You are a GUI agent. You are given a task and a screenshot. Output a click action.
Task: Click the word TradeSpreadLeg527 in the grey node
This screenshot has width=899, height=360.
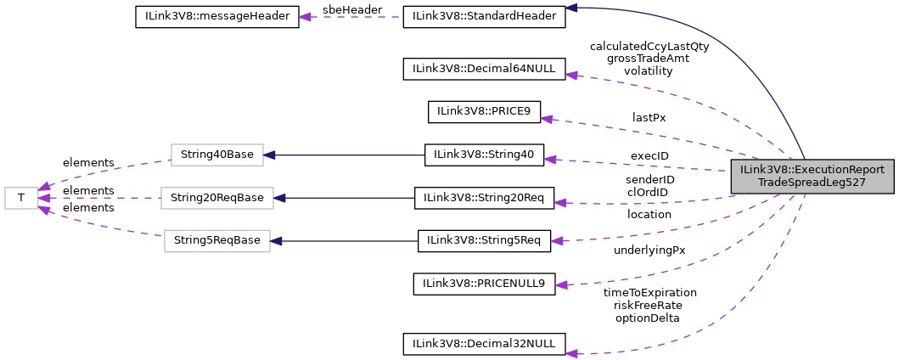point(812,183)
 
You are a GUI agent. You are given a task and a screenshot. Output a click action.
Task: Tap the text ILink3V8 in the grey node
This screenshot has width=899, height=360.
point(762,170)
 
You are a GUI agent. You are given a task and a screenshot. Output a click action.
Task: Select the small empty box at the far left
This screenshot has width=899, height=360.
point(21,198)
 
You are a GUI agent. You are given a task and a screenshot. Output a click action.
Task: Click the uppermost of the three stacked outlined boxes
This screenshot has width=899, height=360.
point(216,155)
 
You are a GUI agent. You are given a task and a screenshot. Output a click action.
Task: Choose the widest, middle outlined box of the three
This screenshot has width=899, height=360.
point(216,198)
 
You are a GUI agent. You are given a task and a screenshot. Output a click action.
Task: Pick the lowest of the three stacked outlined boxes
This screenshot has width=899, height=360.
point(216,240)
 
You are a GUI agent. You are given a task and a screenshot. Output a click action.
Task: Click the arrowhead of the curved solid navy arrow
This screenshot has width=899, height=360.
point(571,8)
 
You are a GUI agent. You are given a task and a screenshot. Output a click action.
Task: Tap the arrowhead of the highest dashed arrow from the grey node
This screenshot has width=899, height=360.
point(571,76)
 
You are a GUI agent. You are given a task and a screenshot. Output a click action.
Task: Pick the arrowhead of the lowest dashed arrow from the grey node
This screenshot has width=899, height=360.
point(571,353)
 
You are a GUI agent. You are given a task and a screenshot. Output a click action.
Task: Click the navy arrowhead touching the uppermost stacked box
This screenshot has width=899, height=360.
point(269,155)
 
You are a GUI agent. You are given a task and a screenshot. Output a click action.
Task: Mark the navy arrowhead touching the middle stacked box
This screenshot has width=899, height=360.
point(279,198)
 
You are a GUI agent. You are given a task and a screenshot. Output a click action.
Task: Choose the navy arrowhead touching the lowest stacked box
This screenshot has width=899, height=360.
point(276,240)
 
